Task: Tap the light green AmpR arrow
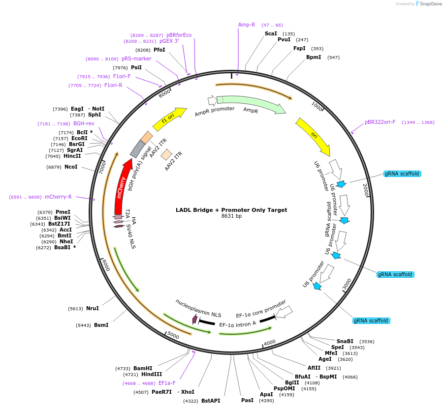(251, 104)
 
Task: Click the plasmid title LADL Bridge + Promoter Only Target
(231, 210)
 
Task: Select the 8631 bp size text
(231, 216)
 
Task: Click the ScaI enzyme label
(271, 33)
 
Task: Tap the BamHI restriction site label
(143, 368)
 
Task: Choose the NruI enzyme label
(93, 309)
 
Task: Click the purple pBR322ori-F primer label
(380, 122)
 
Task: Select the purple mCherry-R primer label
(58, 197)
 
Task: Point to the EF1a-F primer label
(167, 383)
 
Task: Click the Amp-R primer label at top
(247, 25)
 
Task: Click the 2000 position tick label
(365, 189)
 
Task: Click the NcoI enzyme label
(71, 167)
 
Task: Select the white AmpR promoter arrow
(212, 101)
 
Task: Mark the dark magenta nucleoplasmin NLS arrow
(195, 320)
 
